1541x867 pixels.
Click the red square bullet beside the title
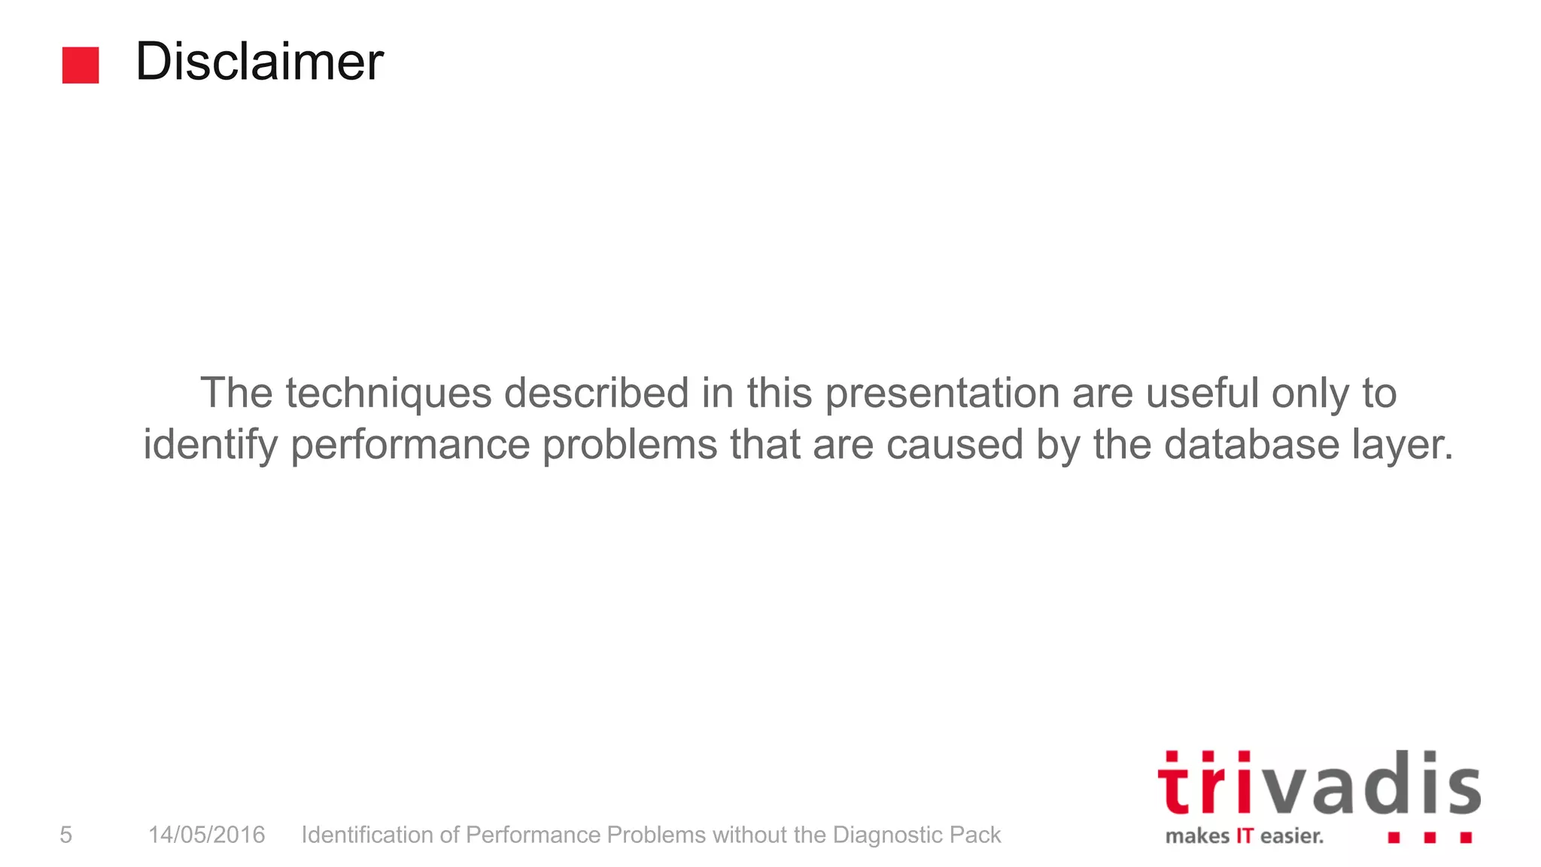[81, 65]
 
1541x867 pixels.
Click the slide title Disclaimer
[259, 62]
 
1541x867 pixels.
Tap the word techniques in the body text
[388, 394]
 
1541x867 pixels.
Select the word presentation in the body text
[942, 394]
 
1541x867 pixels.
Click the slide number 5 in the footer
[66, 835]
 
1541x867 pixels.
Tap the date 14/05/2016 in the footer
[207, 835]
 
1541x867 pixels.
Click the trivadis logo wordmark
[1318, 784]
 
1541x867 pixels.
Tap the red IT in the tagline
[1245, 836]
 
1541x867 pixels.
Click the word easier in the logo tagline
[1291, 836]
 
